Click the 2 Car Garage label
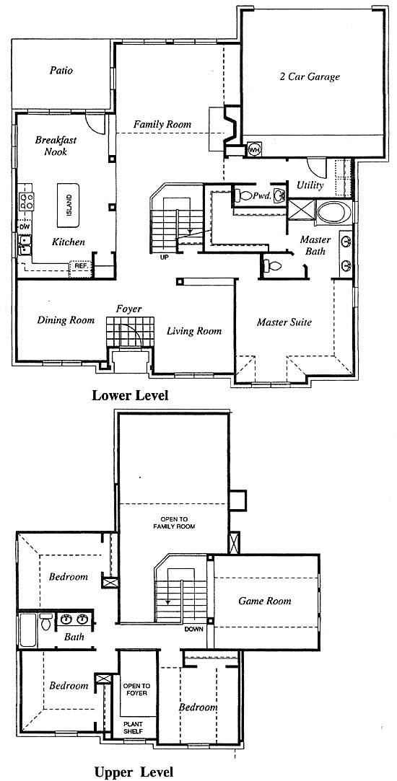coord(309,76)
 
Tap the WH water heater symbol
coord(254,150)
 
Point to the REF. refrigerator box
coord(80,267)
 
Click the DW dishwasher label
coord(25,227)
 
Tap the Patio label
coord(61,70)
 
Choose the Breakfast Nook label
coord(56,146)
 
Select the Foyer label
coord(128,309)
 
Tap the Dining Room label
coord(66,320)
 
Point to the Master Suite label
coord(284,322)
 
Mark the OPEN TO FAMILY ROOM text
coord(174,523)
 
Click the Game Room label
coord(264,601)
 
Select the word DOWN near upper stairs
coord(194,629)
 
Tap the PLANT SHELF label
coord(133,728)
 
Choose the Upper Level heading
coord(134,772)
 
